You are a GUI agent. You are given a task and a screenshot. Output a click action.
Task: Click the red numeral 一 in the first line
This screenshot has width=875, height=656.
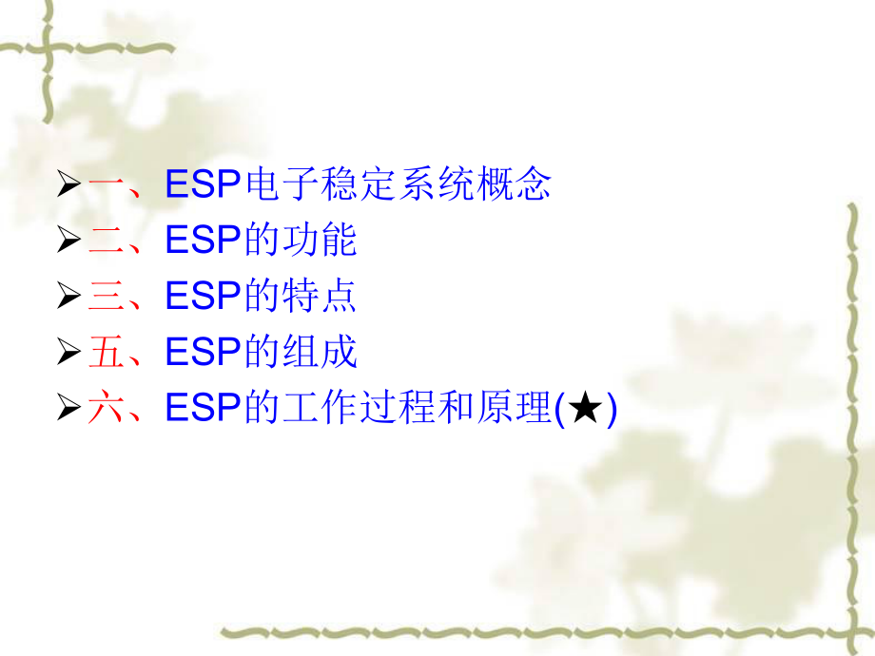click(x=105, y=183)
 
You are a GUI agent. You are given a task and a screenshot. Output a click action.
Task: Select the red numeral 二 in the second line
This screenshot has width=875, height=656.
click(x=105, y=240)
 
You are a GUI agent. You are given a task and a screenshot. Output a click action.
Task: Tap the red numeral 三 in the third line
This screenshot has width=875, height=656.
click(x=105, y=296)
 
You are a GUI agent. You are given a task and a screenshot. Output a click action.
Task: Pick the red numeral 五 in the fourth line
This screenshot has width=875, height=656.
click(x=105, y=352)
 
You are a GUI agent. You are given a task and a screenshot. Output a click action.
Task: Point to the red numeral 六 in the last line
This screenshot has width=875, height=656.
click(x=105, y=408)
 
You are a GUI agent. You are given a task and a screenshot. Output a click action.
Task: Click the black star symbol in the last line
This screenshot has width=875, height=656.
click(x=589, y=409)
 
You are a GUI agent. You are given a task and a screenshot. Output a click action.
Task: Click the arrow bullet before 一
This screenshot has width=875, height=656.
click(x=68, y=184)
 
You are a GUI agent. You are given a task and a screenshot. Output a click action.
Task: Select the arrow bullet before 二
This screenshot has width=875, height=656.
click(x=68, y=241)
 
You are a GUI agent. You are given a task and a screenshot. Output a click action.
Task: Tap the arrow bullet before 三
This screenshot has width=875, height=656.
click(x=68, y=297)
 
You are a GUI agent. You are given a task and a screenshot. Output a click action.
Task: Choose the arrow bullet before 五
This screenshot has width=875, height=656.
click(x=68, y=353)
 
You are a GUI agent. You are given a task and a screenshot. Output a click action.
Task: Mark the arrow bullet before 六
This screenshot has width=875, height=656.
click(x=68, y=409)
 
